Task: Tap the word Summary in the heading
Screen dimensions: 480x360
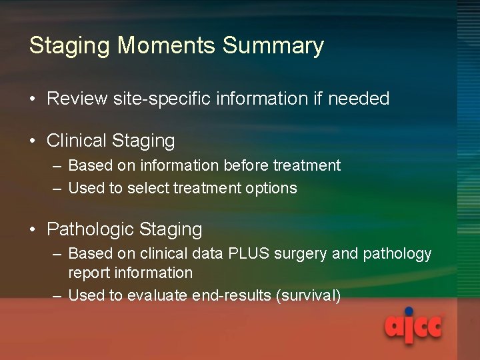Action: (273, 46)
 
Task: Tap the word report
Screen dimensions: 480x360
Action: (89, 273)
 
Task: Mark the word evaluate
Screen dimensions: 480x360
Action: (158, 296)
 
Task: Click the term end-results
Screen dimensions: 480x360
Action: (231, 296)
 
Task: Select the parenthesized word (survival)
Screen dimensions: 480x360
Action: (308, 296)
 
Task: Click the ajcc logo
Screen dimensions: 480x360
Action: (413, 327)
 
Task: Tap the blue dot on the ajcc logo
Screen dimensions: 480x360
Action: (409, 311)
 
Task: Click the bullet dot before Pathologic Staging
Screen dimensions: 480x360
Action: (33, 230)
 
